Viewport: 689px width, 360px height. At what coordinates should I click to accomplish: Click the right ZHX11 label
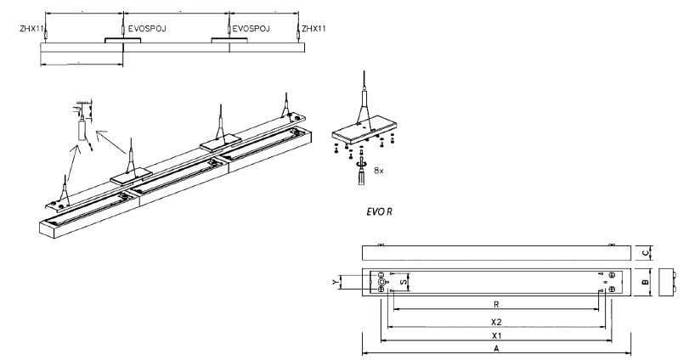(x=315, y=27)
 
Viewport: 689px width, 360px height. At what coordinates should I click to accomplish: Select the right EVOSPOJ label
(x=251, y=27)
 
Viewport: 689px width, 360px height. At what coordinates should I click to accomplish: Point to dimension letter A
(x=496, y=348)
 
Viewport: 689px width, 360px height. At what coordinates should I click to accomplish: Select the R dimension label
(x=495, y=303)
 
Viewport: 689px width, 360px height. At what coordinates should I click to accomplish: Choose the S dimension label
(x=403, y=281)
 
